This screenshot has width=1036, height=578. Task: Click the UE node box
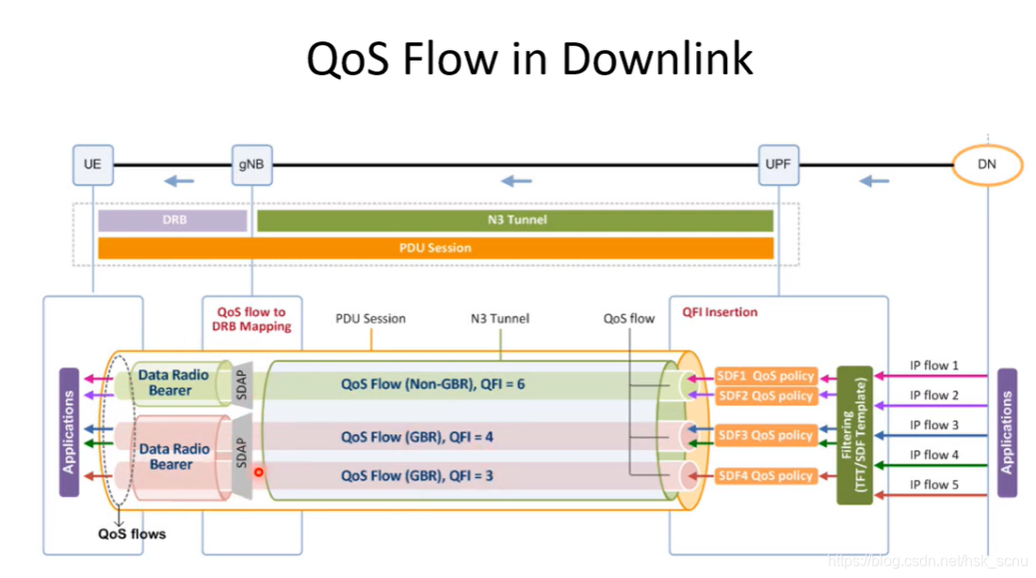[x=92, y=164]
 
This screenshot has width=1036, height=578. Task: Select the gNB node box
[x=251, y=164]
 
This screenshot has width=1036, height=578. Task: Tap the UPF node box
[x=779, y=164]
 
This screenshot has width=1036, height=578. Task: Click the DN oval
[x=986, y=166]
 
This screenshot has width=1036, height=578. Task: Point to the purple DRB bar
[x=172, y=220]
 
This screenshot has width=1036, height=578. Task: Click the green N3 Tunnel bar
[x=514, y=220]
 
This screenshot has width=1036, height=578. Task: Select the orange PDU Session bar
[x=435, y=248]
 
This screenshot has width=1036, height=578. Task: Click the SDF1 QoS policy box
[x=766, y=376]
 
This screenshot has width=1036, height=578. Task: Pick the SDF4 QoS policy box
[x=766, y=475]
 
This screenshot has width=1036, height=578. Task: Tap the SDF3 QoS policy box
[x=766, y=435]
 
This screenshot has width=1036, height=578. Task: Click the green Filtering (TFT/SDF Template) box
[x=854, y=435]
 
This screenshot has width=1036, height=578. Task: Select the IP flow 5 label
[x=934, y=484]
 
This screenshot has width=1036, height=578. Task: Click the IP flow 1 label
[x=934, y=365]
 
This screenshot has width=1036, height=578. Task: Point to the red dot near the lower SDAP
[x=258, y=472]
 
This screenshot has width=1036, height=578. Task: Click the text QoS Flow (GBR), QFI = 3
[x=417, y=475]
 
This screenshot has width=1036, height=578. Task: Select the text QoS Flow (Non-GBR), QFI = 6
[x=432, y=384]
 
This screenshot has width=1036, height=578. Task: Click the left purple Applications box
[x=69, y=431]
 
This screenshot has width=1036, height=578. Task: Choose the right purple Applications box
[x=1007, y=431]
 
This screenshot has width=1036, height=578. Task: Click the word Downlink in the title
[x=658, y=58]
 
